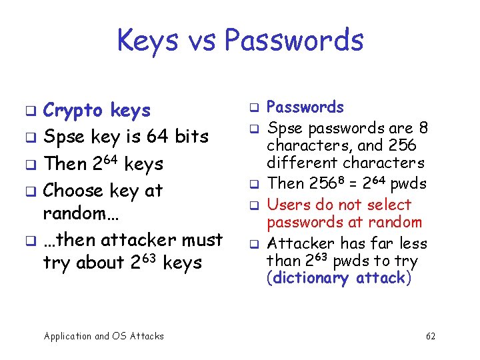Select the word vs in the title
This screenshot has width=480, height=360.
pos(203,40)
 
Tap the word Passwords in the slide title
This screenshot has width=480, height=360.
pos(294,40)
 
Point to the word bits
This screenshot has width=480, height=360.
pos(191,136)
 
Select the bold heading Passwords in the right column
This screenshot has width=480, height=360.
pos(305,107)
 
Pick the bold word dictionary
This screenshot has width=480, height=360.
pos(309,278)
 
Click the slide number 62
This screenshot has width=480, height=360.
pos(431,336)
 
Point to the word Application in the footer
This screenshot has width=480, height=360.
pos(67,336)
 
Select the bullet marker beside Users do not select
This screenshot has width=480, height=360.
pos(253,205)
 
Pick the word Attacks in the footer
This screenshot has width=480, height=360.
pos(147,336)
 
